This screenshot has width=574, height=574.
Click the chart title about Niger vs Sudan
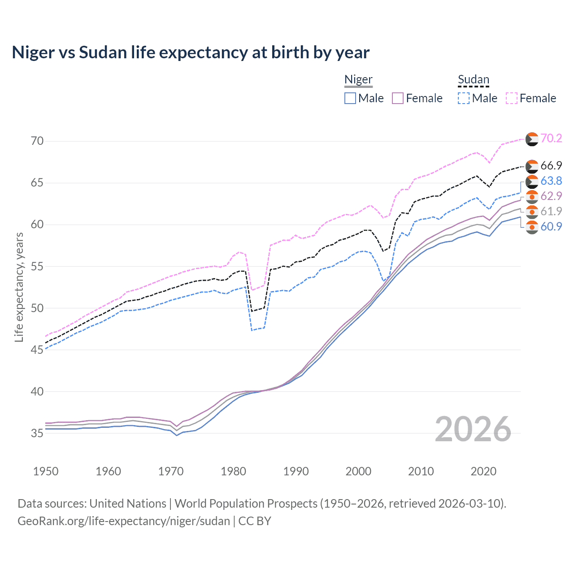pyautogui.click(x=191, y=52)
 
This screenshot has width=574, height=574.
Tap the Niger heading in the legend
pyautogui.click(x=358, y=79)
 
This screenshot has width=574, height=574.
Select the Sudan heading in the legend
pyautogui.click(x=473, y=79)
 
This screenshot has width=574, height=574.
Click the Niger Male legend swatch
pyautogui.click(x=350, y=98)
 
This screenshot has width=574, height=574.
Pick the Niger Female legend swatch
pyautogui.click(x=398, y=98)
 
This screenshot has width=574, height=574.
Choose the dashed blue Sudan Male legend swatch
pyautogui.click(x=464, y=98)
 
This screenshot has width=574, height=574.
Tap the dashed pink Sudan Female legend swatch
pyautogui.click(x=512, y=98)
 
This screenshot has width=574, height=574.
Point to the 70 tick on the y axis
pyautogui.click(x=37, y=141)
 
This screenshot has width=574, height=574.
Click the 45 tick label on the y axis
pyautogui.click(x=37, y=350)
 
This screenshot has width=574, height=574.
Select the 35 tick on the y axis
pyautogui.click(x=37, y=433)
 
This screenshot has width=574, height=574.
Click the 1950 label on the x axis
pyautogui.click(x=46, y=471)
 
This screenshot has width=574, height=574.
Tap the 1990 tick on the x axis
pyautogui.click(x=296, y=471)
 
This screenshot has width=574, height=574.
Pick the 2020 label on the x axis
pyautogui.click(x=483, y=471)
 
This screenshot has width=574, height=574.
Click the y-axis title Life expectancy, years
pyautogui.click(x=19, y=287)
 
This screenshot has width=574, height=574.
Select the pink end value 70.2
pyautogui.click(x=551, y=138)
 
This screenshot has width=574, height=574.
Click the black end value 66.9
pyautogui.click(x=551, y=165)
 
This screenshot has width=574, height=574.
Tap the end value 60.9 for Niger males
pyautogui.click(x=551, y=226)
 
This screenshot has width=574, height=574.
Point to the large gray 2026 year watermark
pyautogui.click(x=473, y=429)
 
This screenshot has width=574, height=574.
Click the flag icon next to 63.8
pyautogui.click(x=532, y=181)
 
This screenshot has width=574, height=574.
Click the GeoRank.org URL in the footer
pyautogui.click(x=124, y=521)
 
